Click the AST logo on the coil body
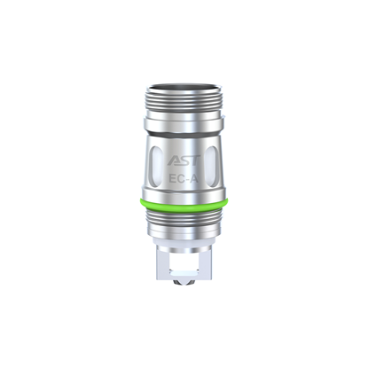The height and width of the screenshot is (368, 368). [183, 159]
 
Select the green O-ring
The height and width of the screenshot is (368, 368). [184, 207]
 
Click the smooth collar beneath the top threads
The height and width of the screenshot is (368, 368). [184, 122]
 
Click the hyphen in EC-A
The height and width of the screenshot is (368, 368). [187, 179]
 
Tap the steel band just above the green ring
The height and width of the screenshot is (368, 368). [184, 198]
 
